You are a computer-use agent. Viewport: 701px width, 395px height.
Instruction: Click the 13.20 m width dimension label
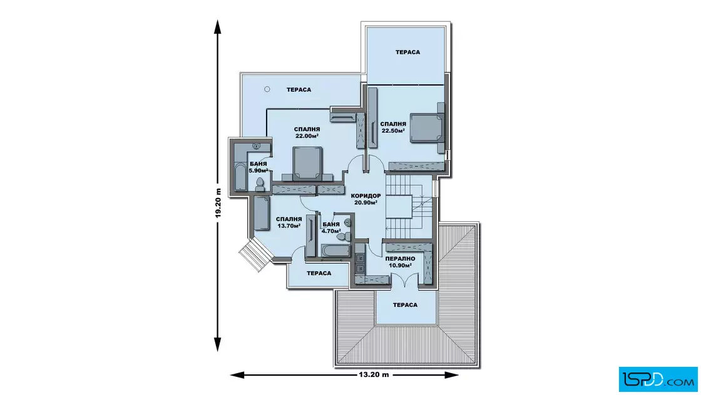click(x=374, y=374)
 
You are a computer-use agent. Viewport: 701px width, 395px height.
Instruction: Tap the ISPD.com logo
click(x=658, y=379)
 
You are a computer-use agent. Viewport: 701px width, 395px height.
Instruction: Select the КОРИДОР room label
click(x=366, y=196)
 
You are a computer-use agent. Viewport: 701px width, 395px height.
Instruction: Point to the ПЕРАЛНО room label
click(x=400, y=259)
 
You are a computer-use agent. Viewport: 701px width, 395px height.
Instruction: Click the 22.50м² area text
click(x=393, y=131)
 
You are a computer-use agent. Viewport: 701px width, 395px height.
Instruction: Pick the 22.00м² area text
click(x=307, y=136)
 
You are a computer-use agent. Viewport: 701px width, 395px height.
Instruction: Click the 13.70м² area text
click(x=289, y=226)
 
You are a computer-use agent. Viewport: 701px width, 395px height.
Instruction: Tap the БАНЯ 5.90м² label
click(x=258, y=167)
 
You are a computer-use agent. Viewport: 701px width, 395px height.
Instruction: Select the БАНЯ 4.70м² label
click(x=331, y=227)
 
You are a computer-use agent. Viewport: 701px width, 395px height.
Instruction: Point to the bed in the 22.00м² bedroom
click(x=307, y=164)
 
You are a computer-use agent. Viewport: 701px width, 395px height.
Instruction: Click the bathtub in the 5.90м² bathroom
click(x=240, y=176)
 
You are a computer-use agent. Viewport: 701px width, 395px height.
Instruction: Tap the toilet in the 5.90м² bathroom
click(x=260, y=184)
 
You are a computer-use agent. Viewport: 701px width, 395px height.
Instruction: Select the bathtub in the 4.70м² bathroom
click(x=335, y=251)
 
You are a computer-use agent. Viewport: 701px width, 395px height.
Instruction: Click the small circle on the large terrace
click(x=267, y=89)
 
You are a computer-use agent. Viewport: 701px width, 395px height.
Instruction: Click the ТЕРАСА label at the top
click(x=407, y=52)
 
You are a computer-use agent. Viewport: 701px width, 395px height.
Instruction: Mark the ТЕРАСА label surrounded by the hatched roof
click(x=405, y=305)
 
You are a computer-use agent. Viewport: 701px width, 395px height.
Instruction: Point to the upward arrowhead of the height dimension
click(x=218, y=26)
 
